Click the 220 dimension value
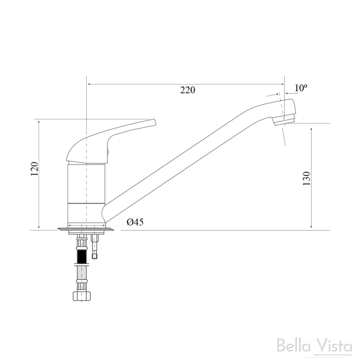coord(188,90)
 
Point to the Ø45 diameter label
coord(135,222)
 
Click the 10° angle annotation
coord(301,88)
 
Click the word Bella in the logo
coord(293,345)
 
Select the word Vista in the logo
coord(334,345)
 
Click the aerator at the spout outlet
coord(283,121)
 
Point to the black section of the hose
coord(82,257)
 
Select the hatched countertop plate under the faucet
coord(86,230)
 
